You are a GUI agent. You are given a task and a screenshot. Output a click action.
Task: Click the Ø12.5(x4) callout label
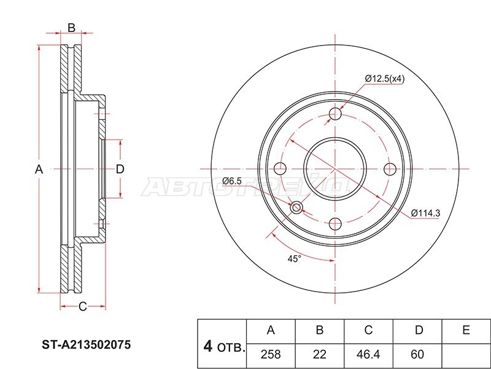pos(384,78)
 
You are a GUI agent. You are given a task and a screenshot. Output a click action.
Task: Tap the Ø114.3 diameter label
pos(425,213)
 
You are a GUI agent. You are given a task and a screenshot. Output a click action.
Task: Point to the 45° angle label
pos(295,259)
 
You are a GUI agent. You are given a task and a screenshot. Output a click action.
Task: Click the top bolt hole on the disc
pos(335,114)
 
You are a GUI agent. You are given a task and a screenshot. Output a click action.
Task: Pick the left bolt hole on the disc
pos(280,169)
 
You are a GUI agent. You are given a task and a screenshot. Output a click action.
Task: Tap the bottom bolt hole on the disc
pos(335,224)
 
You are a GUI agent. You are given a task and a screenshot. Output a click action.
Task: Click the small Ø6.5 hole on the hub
pos(297,207)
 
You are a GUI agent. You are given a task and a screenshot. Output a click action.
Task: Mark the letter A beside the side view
pos(38,169)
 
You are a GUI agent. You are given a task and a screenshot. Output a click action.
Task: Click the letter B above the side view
pos(71,27)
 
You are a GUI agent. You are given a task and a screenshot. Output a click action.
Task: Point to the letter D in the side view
pos(120,169)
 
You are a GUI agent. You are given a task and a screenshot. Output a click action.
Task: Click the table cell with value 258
pos(270,354)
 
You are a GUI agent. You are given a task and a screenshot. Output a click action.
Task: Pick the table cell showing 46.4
pos(368,354)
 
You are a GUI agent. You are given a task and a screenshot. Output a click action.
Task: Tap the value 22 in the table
pos(319,354)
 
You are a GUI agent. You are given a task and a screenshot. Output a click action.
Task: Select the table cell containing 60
pos(418,354)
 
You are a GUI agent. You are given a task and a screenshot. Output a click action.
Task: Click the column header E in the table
pos(466,330)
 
